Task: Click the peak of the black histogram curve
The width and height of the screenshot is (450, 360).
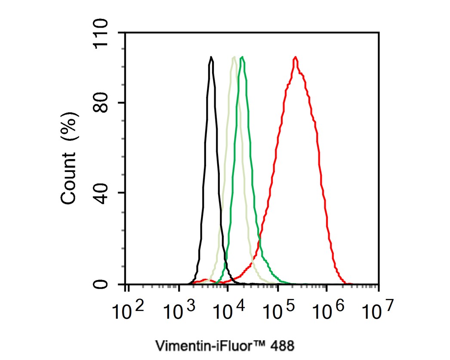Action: click(x=211, y=57)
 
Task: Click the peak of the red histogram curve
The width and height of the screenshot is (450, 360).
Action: click(x=295, y=57)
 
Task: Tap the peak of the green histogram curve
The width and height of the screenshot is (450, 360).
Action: click(x=243, y=57)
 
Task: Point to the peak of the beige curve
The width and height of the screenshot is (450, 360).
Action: click(x=234, y=57)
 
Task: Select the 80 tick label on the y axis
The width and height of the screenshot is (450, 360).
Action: click(x=102, y=103)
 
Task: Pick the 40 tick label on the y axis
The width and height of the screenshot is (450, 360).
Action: click(x=102, y=192)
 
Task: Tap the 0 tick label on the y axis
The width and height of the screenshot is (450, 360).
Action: click(x=102, y=284)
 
